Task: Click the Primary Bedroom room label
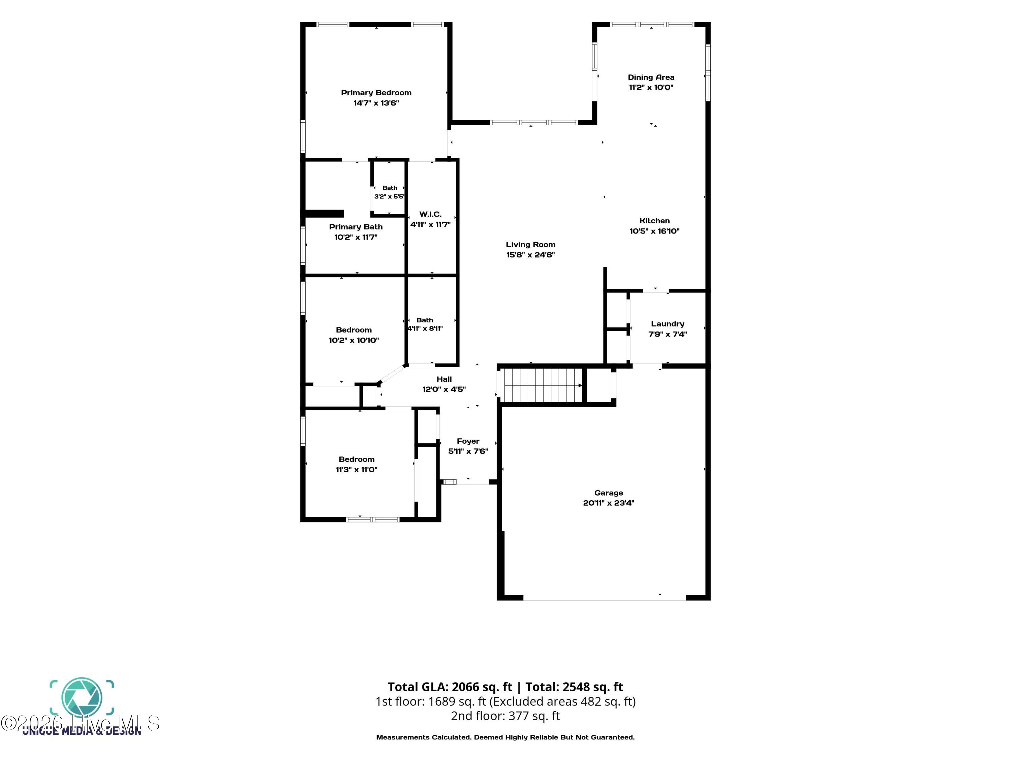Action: pyautogui.click(x=376, y=93)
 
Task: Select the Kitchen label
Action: pyautogui.click(x=654, y=221)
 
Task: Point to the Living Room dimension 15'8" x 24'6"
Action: pyautogui.click(x=531, y=255)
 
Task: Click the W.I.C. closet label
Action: pyautogui.click(x=430, y=214)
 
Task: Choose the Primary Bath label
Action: pyautogui.click(x=356, y=227)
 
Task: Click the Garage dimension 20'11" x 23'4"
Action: pyautogui.click(x=609, y=503)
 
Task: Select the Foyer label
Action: pyautogui.click(x=468, y=441)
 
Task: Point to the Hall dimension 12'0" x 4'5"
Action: pyautogui.click(x=444, y=389)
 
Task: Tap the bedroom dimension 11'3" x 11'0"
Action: pyautogui.click(x=357, y=470)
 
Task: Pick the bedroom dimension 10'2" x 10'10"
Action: pyautogui.click(x=354, y=340)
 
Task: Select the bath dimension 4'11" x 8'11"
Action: pyautogui.click(x=425, y=328)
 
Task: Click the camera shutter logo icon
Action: pyautogui.click(x=82, y=698)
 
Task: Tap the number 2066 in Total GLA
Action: pyautogui.click(x=466, y=687)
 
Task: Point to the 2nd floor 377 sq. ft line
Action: pyautogui.click(x=506, y=716)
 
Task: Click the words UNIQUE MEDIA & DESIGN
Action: pyautogui.click(x=82, y=731)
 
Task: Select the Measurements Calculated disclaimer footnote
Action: pyautogui.click(x=506, y=737)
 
